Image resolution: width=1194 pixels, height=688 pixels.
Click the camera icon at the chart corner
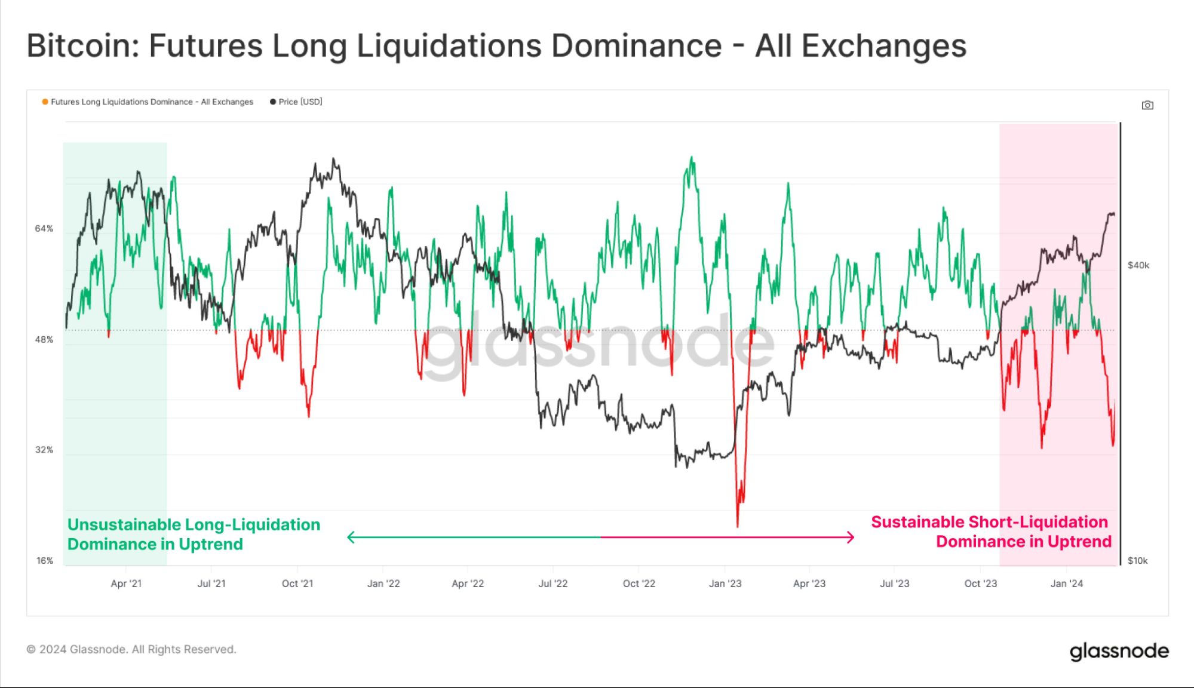click(x=1147, y=105)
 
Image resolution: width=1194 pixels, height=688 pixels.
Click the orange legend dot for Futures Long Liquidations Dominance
click(x=45, y=102)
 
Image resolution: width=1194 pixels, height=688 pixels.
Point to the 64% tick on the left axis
click(x=44, y=229)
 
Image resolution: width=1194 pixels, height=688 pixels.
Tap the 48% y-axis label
click(x=44, y=340)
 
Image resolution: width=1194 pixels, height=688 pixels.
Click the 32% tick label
click(x=44, y=450)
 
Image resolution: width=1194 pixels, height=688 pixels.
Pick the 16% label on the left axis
click(x=44, y=561)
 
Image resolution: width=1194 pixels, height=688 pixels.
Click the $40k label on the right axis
click(x=1138, y=265)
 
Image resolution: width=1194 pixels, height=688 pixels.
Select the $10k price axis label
click(x=1137, y=561)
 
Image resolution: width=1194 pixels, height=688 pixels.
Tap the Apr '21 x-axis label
click(x=126, y=583)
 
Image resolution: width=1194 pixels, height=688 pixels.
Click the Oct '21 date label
click(x=297, y=583)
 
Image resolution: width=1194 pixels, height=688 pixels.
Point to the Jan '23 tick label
click(x=725, y=583)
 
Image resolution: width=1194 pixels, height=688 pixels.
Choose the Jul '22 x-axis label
click(x=553, y=583)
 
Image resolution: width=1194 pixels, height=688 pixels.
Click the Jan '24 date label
click(x=1067, y=583)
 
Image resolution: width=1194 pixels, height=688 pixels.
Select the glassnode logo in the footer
click(x=1119, y=651)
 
